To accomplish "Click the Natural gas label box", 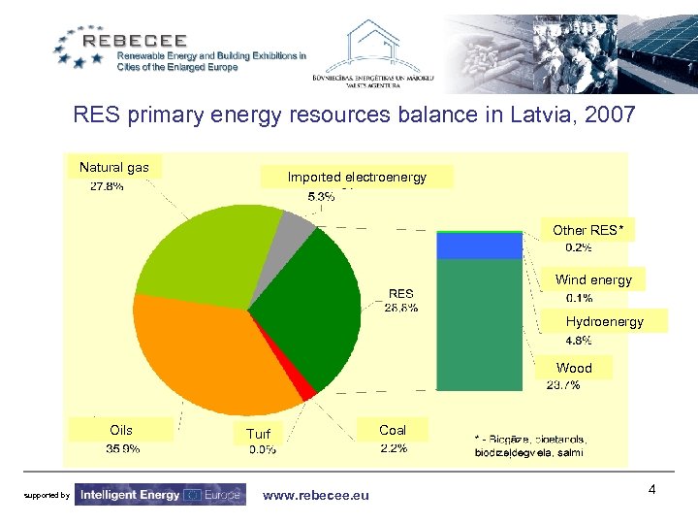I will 114,168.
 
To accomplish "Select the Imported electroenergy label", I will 357,177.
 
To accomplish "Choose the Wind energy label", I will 593,280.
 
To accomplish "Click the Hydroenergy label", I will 604,321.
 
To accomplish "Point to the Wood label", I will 574,368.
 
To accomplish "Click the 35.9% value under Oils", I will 122,448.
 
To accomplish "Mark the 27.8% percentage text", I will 107,186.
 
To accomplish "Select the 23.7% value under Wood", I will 563,385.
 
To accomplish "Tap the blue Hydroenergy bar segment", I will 465,246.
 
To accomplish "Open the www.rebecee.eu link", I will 316,496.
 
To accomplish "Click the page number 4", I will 652,490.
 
